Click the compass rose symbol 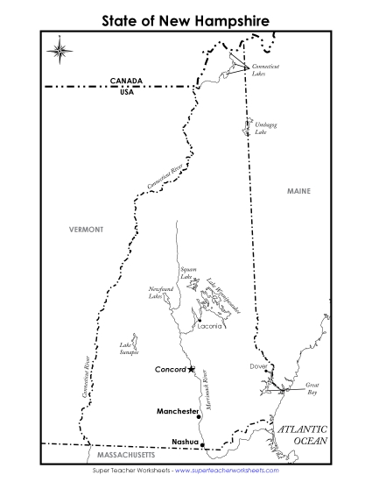pos(60,48)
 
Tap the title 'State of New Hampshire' pos(185,18)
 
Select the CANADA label pos(125,80)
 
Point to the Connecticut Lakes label pos(265,70)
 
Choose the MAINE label pos(298,190)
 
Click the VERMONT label pos(86,229)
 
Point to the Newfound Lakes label pos(161,293)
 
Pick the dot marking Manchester pos(200,410)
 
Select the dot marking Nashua pos(202,445)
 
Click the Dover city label pos(257,366)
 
